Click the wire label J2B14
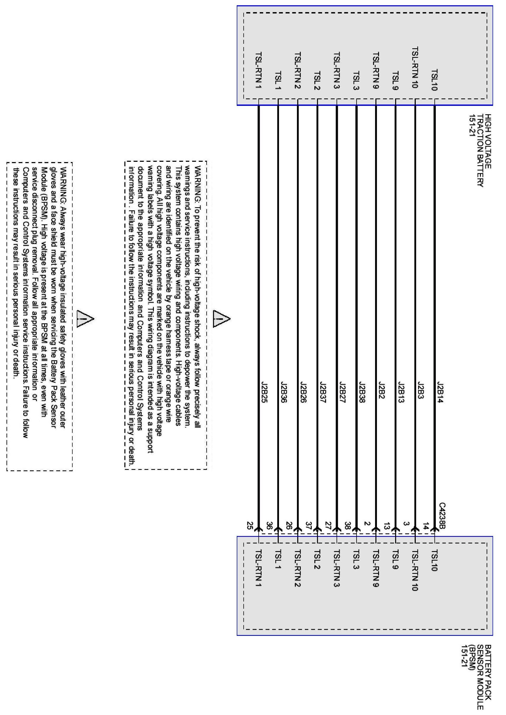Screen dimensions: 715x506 pos(440,392)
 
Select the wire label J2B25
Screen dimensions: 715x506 pos(264,392)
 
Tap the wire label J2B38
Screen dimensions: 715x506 pos(362,392)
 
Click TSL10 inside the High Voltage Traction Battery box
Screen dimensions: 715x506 pos(435,80)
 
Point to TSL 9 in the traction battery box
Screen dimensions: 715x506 pos(395,81)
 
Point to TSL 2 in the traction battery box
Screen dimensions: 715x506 pos(317,81)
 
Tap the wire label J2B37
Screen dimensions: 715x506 pos(323,392)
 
